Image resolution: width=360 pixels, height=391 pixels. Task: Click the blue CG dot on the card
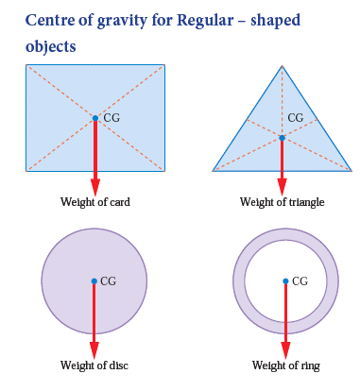click(94, 118)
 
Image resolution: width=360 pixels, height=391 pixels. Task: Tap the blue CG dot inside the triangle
click(282, 138)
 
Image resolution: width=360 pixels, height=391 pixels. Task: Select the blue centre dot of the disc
click(94, 280)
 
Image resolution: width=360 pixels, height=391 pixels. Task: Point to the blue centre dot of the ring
click(285, 280)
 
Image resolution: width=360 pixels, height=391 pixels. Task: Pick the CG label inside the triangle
click(296, 119)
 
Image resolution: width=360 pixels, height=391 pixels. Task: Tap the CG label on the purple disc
click(108, 281)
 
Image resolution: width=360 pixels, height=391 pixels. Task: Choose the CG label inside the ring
click(300, 281)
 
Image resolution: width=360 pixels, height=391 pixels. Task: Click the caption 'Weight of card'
click(94, 202)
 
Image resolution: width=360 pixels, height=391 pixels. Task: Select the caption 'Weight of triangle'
click(282, 202)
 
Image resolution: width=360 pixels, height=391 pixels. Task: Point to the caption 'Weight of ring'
click(284, 365)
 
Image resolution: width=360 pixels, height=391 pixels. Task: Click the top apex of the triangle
click(282, 65)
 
